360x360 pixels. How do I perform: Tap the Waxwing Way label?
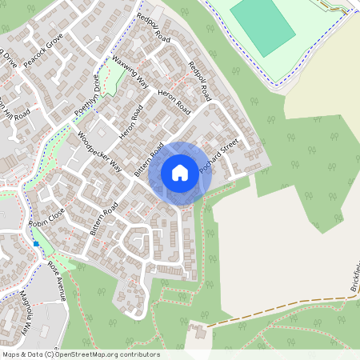[130, 71]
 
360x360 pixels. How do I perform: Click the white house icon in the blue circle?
[180, 172]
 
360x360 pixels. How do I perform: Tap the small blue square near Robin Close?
[36, 242]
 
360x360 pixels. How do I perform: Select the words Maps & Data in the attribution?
[20, 354]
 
